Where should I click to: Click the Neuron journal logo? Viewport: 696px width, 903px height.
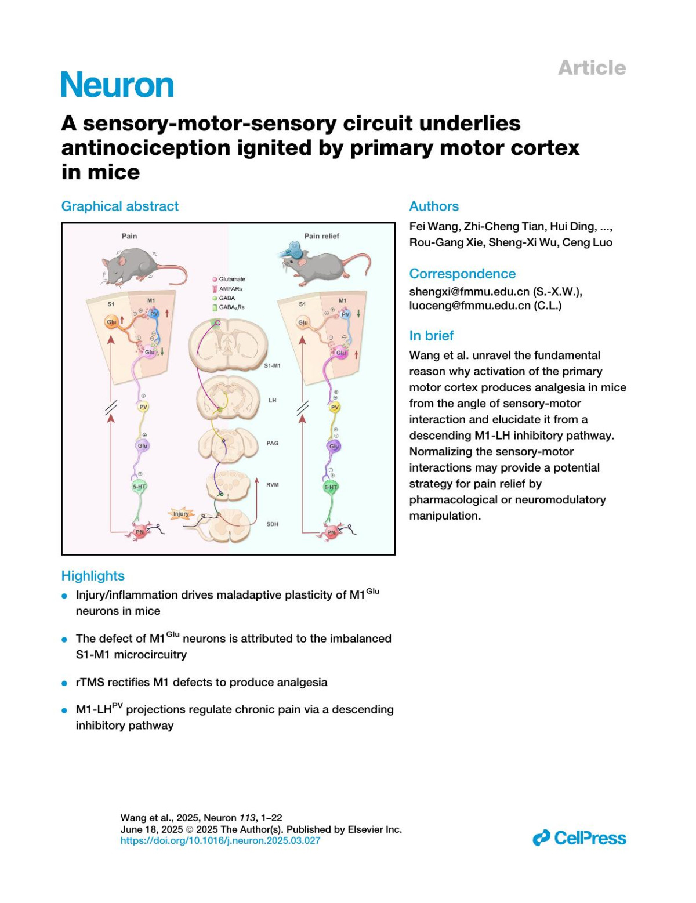117,85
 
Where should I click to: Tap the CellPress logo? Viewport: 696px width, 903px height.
579,837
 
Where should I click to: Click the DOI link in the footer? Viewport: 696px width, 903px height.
220,840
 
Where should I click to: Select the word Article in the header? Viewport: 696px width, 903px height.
592,68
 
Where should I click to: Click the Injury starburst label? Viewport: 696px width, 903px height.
181,513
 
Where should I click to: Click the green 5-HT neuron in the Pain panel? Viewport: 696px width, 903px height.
139,487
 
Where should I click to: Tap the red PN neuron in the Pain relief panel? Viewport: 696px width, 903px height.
331,532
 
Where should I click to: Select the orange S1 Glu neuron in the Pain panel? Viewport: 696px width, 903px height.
111,322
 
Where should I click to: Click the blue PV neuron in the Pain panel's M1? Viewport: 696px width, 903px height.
154,314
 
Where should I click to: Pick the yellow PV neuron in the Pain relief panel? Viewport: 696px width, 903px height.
334,407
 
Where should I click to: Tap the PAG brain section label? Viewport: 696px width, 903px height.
273,443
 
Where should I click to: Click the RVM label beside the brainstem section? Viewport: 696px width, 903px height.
273,484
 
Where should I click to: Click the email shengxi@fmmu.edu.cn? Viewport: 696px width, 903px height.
469,291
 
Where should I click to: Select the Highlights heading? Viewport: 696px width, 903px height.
93,575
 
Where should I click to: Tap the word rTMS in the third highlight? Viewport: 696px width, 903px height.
90,682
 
